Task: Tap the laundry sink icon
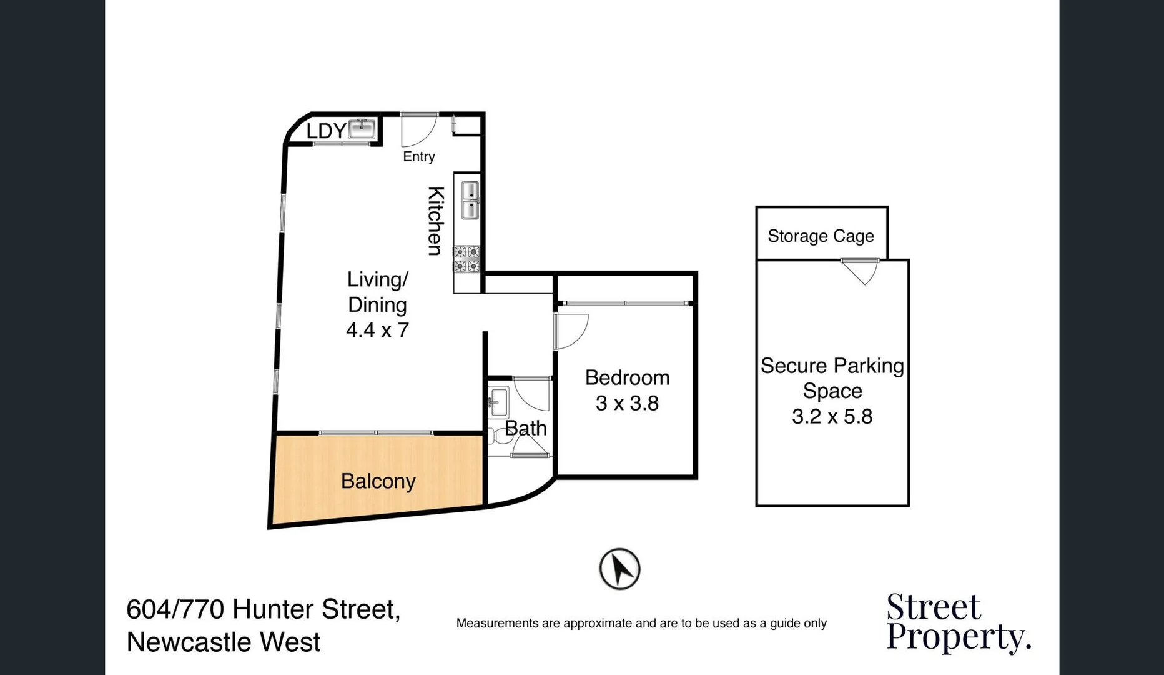pos(362,129)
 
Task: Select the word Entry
pos(418,156)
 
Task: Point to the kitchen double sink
pos(470,200)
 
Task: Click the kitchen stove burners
pos(466,259)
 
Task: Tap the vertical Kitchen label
pos(435,221)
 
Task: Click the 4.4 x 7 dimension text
pos(377,330)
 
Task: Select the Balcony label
pos(378,481)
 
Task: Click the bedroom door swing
pos(570,331)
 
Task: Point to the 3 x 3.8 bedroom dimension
pos(627,403)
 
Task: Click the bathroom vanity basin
pos(498,402)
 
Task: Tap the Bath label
pos(525,428)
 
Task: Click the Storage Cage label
pos(821,236)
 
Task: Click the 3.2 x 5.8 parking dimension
pos(832,416)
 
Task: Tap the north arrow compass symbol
pos(619,569)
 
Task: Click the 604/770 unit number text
pos(175,609)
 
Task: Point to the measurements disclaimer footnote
pos(641,623)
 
